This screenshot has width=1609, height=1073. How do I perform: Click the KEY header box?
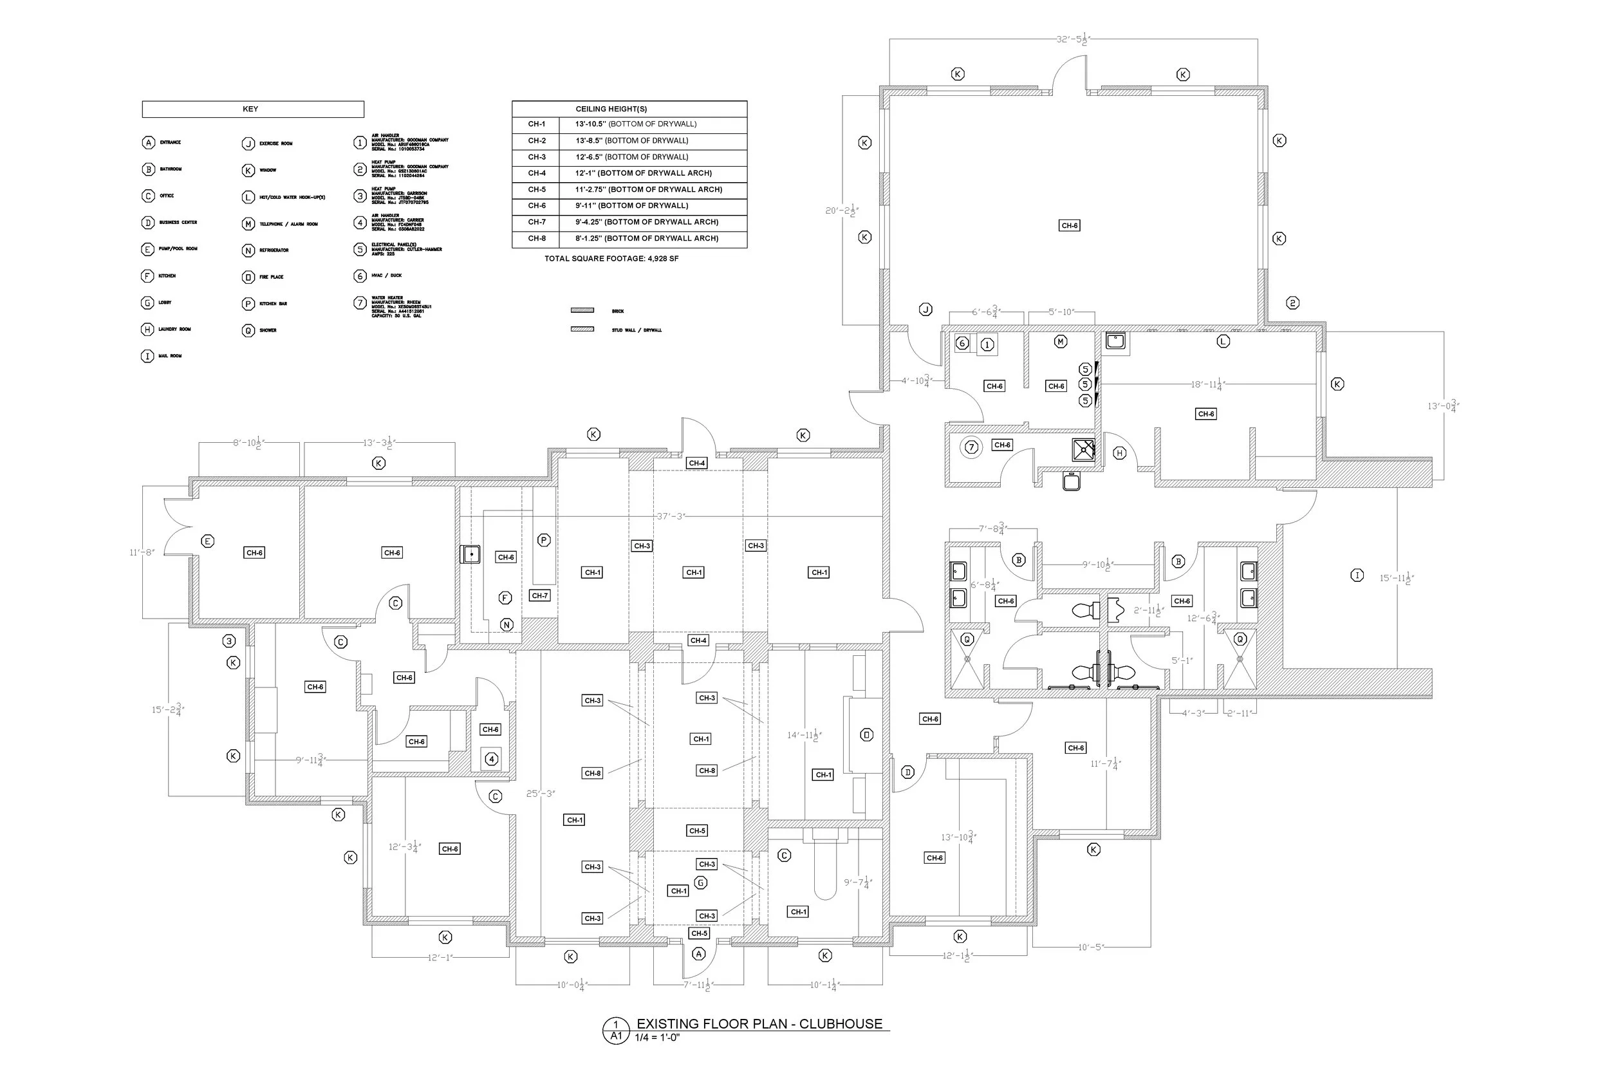[x=252, y=109]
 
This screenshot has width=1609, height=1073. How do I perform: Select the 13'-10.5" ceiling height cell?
[x=635, y=124]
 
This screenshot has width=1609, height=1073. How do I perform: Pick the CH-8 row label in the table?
[x=536, y=239]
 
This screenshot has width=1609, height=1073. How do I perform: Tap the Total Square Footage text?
[x=611, y=259]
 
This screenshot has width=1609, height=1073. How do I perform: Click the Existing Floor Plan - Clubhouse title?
[x=759, y=1023]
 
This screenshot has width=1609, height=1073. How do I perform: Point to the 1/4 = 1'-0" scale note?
[x=656, y=1038]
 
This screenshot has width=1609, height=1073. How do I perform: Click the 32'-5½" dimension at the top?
[x=1072, y=40]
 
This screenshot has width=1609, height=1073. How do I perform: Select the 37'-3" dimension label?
[x=671, y=516]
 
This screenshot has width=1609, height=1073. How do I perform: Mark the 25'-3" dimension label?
[x=541, y=794]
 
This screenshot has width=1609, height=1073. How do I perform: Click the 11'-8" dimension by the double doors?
[x=142, y=552]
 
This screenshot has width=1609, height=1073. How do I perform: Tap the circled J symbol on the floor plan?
[x=925, y=310]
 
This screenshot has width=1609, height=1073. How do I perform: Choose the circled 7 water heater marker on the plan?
[x=971, y=447]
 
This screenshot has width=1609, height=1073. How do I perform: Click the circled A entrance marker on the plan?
[x=698, y=954]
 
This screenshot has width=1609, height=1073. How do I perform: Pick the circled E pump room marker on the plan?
[x=208, y=541]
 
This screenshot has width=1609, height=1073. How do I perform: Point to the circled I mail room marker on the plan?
[x=1357, y=575]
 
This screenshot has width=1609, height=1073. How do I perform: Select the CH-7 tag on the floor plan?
[x=539, y=596]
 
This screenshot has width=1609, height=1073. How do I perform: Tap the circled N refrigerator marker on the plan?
[x=507, y=625]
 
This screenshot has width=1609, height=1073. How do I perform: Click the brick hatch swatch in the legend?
[x=582, y=311]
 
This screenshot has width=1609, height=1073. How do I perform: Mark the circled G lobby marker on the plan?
[x=700, y=882]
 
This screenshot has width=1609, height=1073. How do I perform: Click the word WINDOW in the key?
[x=268, y=171]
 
